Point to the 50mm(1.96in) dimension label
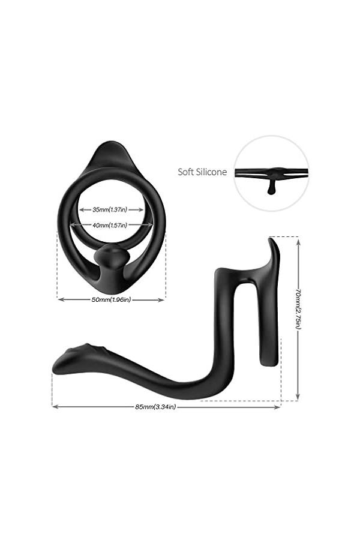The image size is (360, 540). [x=110, y=299]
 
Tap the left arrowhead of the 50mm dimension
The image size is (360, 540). [x=59, y=299]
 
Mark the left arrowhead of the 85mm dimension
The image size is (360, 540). [x=55, y=407]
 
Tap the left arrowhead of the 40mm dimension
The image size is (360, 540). [x=73, y=225]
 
